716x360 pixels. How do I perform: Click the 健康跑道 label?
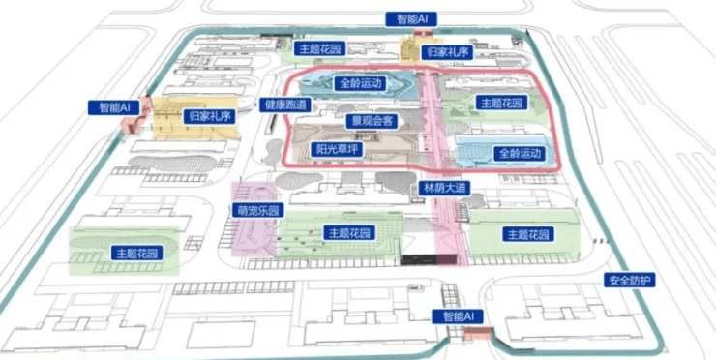tap(285, 105)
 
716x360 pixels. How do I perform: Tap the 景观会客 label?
tap(372, 121)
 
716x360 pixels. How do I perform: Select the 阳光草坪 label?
tap(338, 149)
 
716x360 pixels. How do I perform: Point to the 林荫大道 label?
tap(445, 188)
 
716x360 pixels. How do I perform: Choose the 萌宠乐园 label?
tap(258, 210)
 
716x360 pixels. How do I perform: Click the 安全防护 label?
tap(630, 280)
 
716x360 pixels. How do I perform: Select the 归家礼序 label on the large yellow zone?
tap(210, 116)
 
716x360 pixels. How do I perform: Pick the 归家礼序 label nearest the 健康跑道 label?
tap(210, 116)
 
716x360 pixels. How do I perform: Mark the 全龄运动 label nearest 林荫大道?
tap(521, 153)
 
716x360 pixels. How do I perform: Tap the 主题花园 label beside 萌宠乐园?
tap(350, 232)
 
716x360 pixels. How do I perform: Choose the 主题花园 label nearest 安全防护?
tap(529, 234)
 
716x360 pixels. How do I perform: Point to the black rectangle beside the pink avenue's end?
tap(417, 260)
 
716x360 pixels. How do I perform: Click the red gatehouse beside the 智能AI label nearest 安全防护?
tap(478, 333)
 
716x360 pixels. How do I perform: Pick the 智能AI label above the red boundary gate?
tap(411, 19)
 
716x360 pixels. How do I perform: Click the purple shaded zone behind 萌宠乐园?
tap(254, 219)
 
